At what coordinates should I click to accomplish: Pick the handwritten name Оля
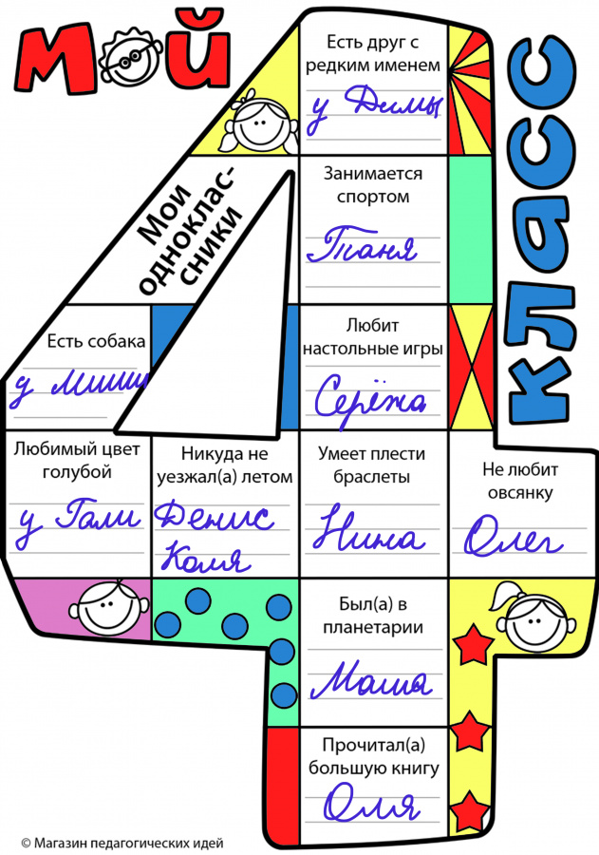(371, 807)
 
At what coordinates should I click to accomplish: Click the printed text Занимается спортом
(373, 185)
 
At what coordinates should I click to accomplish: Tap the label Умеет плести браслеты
(372, 465)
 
